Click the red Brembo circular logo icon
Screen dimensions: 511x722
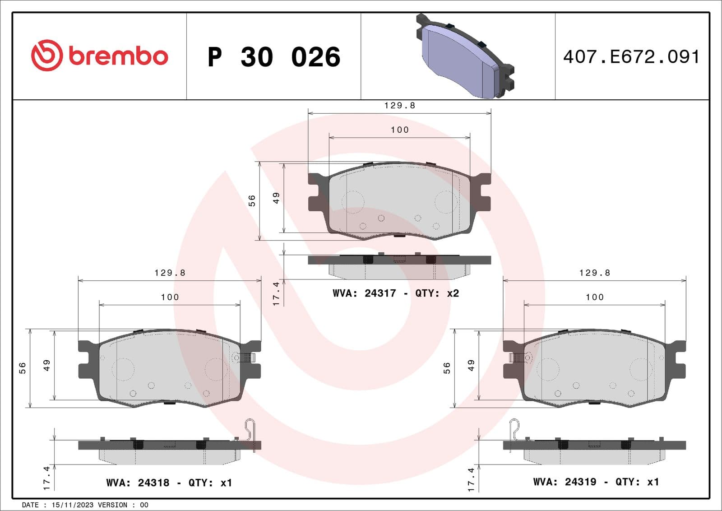point(46,55)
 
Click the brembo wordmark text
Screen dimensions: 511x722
point(118,56)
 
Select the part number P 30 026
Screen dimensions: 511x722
point(273,57)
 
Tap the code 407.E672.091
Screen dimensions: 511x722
point(631,57)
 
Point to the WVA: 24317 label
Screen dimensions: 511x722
point(364,293)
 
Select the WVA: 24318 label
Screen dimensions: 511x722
point(138,483)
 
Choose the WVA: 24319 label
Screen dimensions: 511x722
point(565,482)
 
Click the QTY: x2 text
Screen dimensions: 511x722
point(437,293)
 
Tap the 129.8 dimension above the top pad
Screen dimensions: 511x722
point(399,106)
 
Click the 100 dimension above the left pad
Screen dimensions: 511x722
point(170,297)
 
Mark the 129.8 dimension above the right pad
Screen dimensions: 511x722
point(594,273)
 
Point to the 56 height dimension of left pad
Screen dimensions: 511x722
point(23,368)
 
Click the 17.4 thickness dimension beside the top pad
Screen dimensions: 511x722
point(276,293)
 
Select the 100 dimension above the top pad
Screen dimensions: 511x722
point(399,130)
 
